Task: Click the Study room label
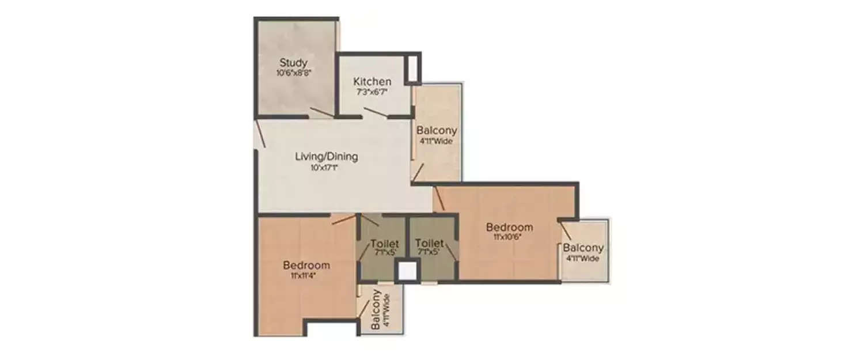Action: (x=293, y=62)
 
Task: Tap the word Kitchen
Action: (x=372, y=82)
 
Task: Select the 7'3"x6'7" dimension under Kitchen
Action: (x=372, y=92)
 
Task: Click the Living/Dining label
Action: (x=327, y=157)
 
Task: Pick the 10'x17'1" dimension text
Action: (x=327, y=168)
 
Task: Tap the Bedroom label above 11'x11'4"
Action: (x=306, y=266)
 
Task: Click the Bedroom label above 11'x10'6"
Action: (x=509, y=227)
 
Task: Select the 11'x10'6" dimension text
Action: (x=507, y=236)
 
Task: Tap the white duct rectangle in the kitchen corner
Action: (x=412, y=68)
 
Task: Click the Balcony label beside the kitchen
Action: (x=437, y=130)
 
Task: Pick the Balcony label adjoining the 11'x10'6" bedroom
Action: (x=583, y=248)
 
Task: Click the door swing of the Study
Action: (x=321, y=112)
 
